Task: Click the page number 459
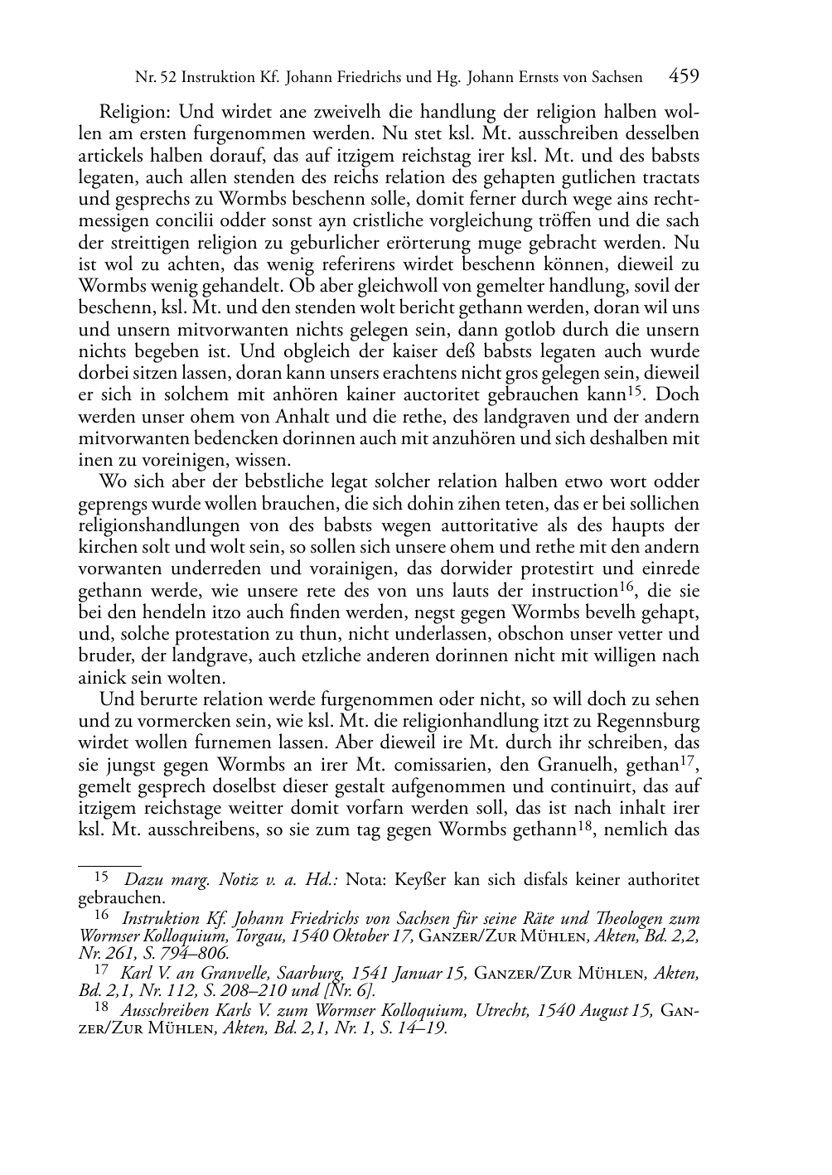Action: pos(684,77)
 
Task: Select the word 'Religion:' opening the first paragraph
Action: pos(135,111)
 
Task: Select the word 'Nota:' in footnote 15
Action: pos(366,879)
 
